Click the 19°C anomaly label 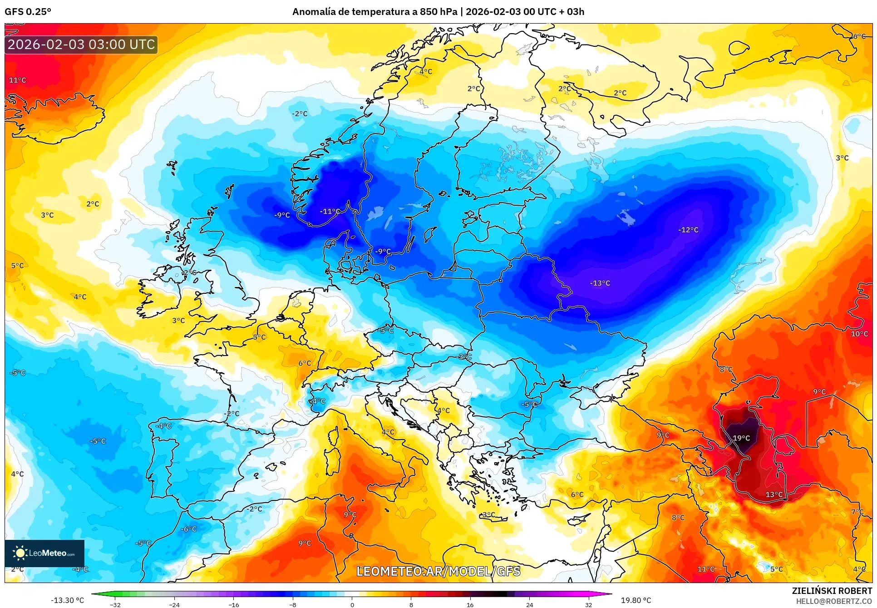tap(741, 438)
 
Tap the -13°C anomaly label tap(600, 283)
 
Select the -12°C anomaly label tap(688, 230)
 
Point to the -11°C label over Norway tap(330, 212)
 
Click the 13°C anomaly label tap(774, 494)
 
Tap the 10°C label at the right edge tap(859, 334)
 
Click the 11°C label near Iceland tap(18, 80)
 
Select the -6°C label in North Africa tap(188, 529)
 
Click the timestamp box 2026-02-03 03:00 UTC tap(81, 44)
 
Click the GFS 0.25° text tap(28, 12)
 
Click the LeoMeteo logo tap(44, 553)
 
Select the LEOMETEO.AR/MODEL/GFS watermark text tap(438, 571)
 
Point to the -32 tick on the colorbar tap(115, 604)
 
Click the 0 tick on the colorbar tap(352, 604)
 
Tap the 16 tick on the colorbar tap(470, 604)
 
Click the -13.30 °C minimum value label tap(67, 600)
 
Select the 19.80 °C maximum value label tap(636, 600)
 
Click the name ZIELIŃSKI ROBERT tap(832, 591)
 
